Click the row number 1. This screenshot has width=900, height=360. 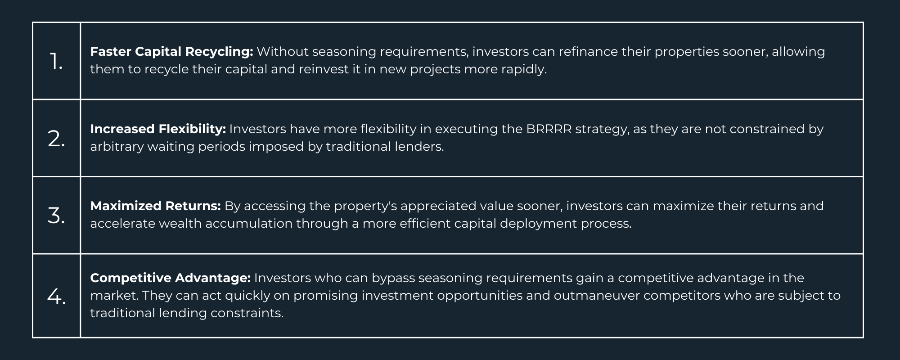coord(56,61)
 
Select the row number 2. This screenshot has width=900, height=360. coord(56,139)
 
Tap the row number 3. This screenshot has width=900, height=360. coord(56,216)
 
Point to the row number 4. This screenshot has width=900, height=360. coord(56,297)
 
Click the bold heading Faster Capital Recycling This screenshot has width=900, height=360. coord(172,52)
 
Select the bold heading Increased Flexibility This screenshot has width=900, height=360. coord(158,129)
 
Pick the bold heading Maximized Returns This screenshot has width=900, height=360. coord(155,206)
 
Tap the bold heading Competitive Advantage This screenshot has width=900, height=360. coord(170,278)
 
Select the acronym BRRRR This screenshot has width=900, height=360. coord(549,129)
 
